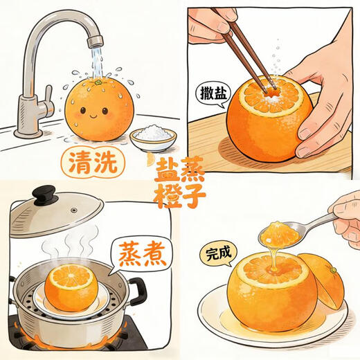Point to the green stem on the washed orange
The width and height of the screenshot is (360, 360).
pos(99,82)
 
